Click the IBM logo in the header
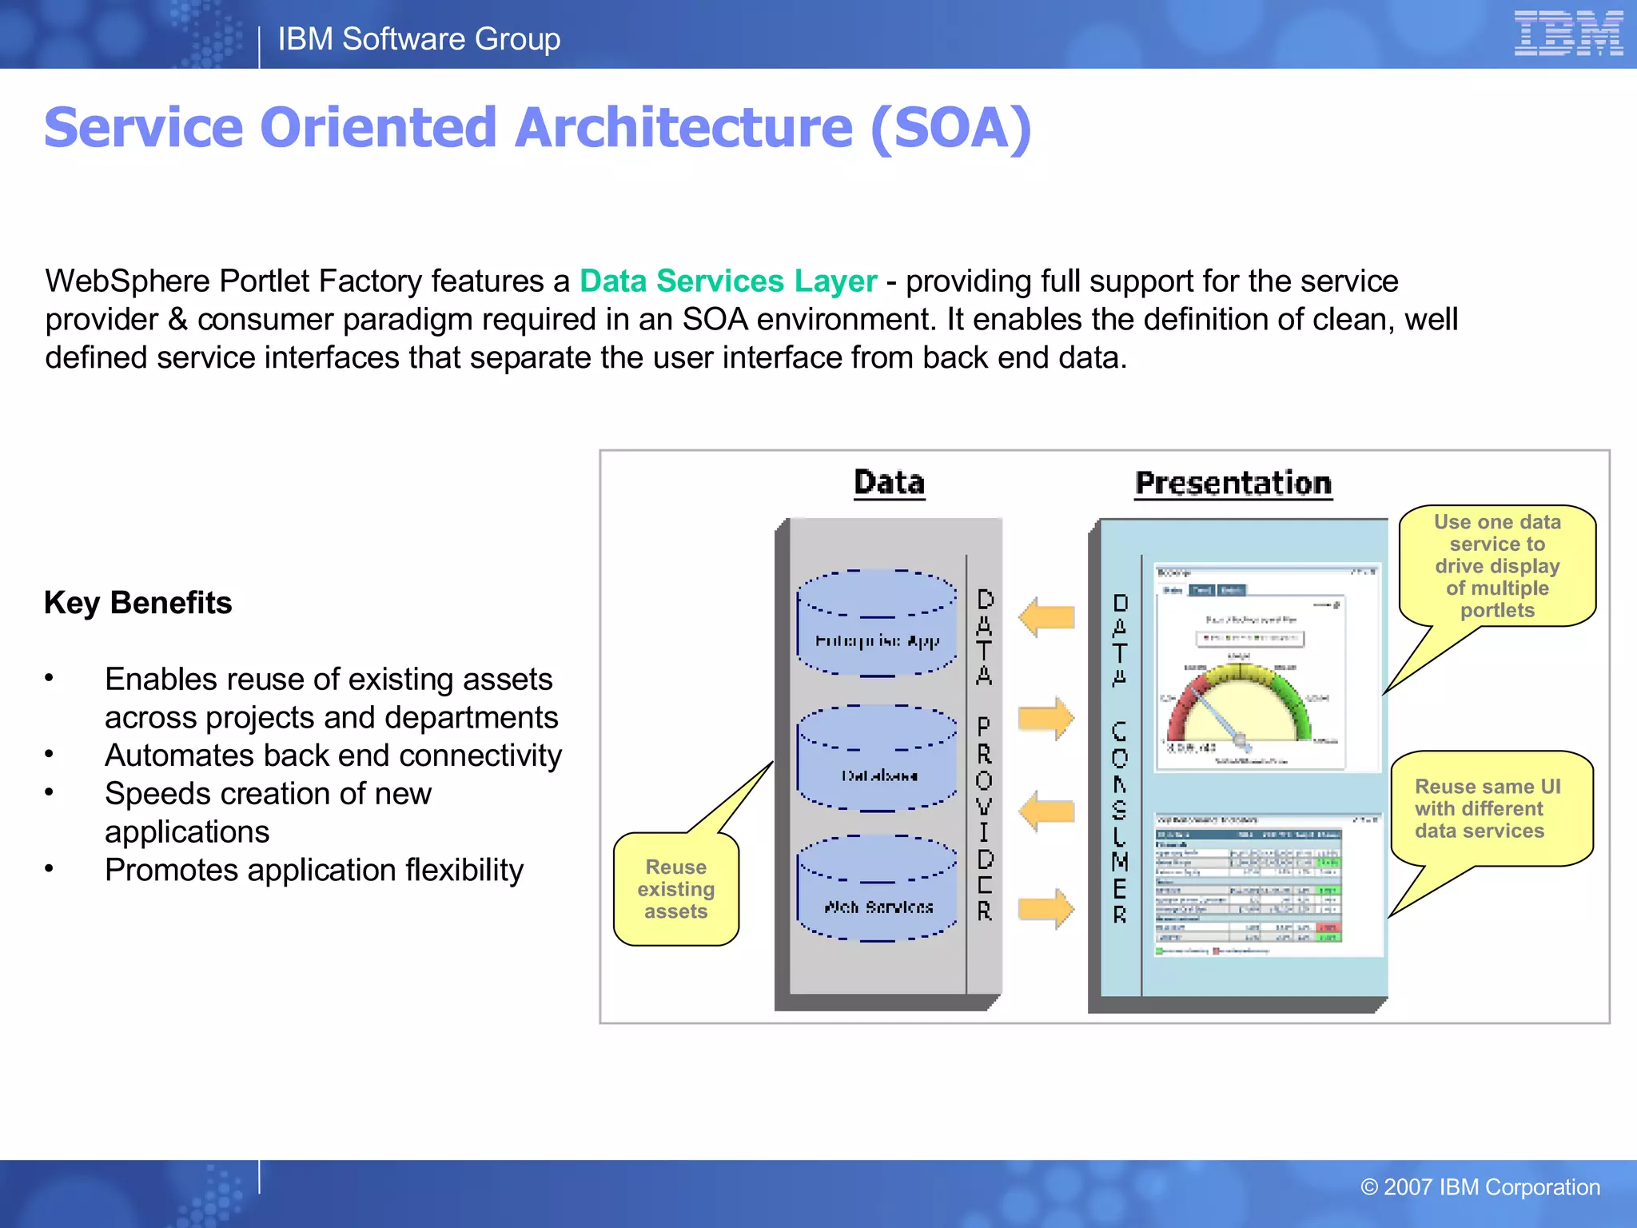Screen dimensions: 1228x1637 (1567, 34)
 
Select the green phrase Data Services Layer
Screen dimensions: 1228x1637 (727, 281)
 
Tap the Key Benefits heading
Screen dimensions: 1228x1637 (137, 603)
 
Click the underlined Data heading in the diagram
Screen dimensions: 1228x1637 (889, 483)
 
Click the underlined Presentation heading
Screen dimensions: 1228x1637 (1233, 484)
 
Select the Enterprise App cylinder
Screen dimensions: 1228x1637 (877, 624)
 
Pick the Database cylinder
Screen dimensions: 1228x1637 (877, 760)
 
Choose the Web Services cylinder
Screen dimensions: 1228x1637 (877, 889)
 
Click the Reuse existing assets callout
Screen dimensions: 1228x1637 (675, 889)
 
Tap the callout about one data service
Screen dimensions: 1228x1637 (1497, 566)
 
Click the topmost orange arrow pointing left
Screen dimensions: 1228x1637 (1046, 617)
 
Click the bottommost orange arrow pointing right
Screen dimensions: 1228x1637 (1046, 909)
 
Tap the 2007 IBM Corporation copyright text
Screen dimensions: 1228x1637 (1480, 1187)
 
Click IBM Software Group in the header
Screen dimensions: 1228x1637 (419, 39)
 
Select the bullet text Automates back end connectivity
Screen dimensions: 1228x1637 (333, 756)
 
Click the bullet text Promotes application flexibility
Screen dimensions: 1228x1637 (314, 871)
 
